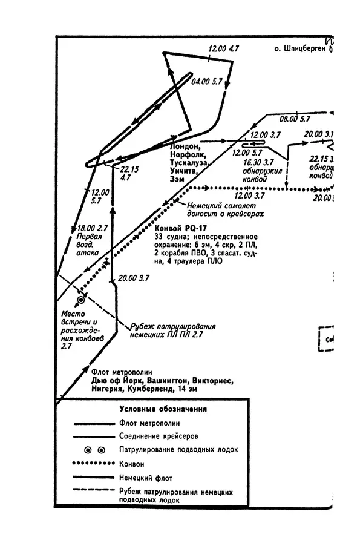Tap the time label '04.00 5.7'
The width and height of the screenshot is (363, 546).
tap(207, 81)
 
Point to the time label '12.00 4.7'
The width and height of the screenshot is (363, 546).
tap(224, 48)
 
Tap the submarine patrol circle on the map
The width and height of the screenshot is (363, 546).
tap(80, 300)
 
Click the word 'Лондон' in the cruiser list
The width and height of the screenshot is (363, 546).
tap(185, 146)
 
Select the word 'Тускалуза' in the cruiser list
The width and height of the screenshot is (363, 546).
tap(190, 163)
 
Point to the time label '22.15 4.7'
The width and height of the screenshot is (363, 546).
tap(129, 174)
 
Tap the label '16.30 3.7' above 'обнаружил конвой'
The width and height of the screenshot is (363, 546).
tap(258, 163)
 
